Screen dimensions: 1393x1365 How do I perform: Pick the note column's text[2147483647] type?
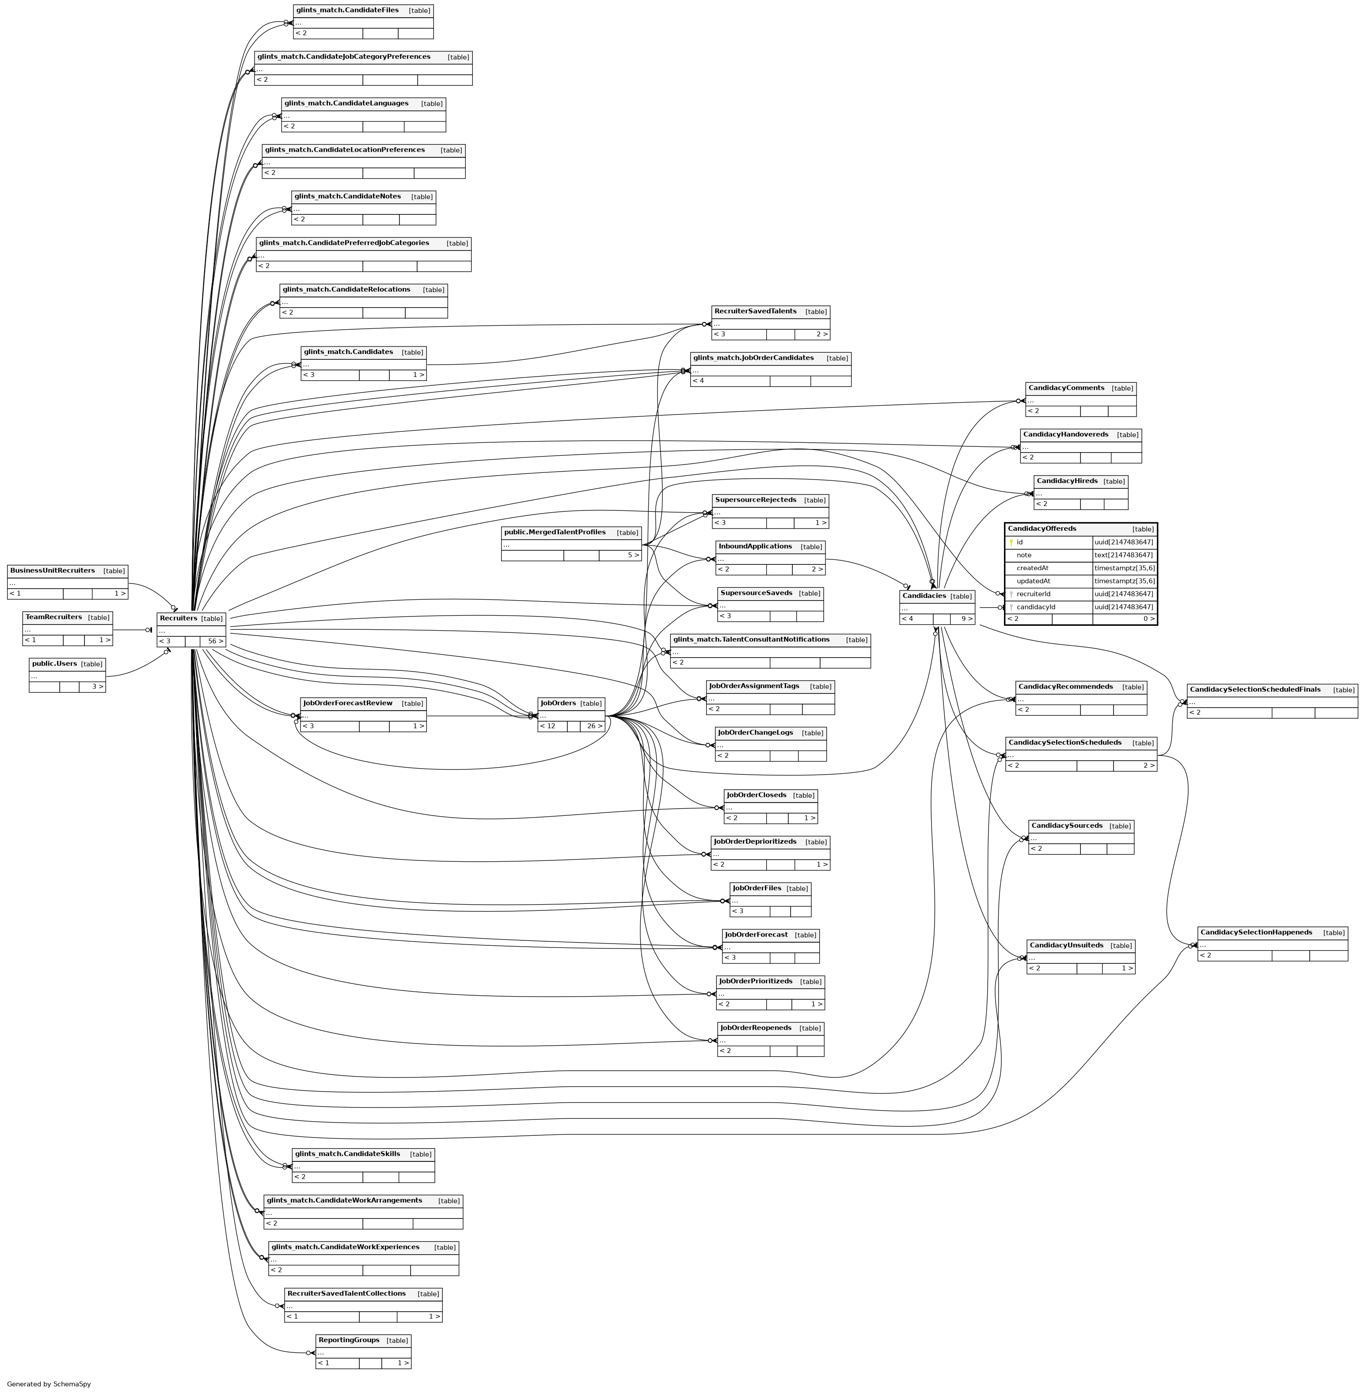[1123, 555]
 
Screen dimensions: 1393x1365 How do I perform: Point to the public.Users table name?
[54, 663]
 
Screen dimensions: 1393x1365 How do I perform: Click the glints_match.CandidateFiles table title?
[347, 10]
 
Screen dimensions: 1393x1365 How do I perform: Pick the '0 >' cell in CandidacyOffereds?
[1148, 619]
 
